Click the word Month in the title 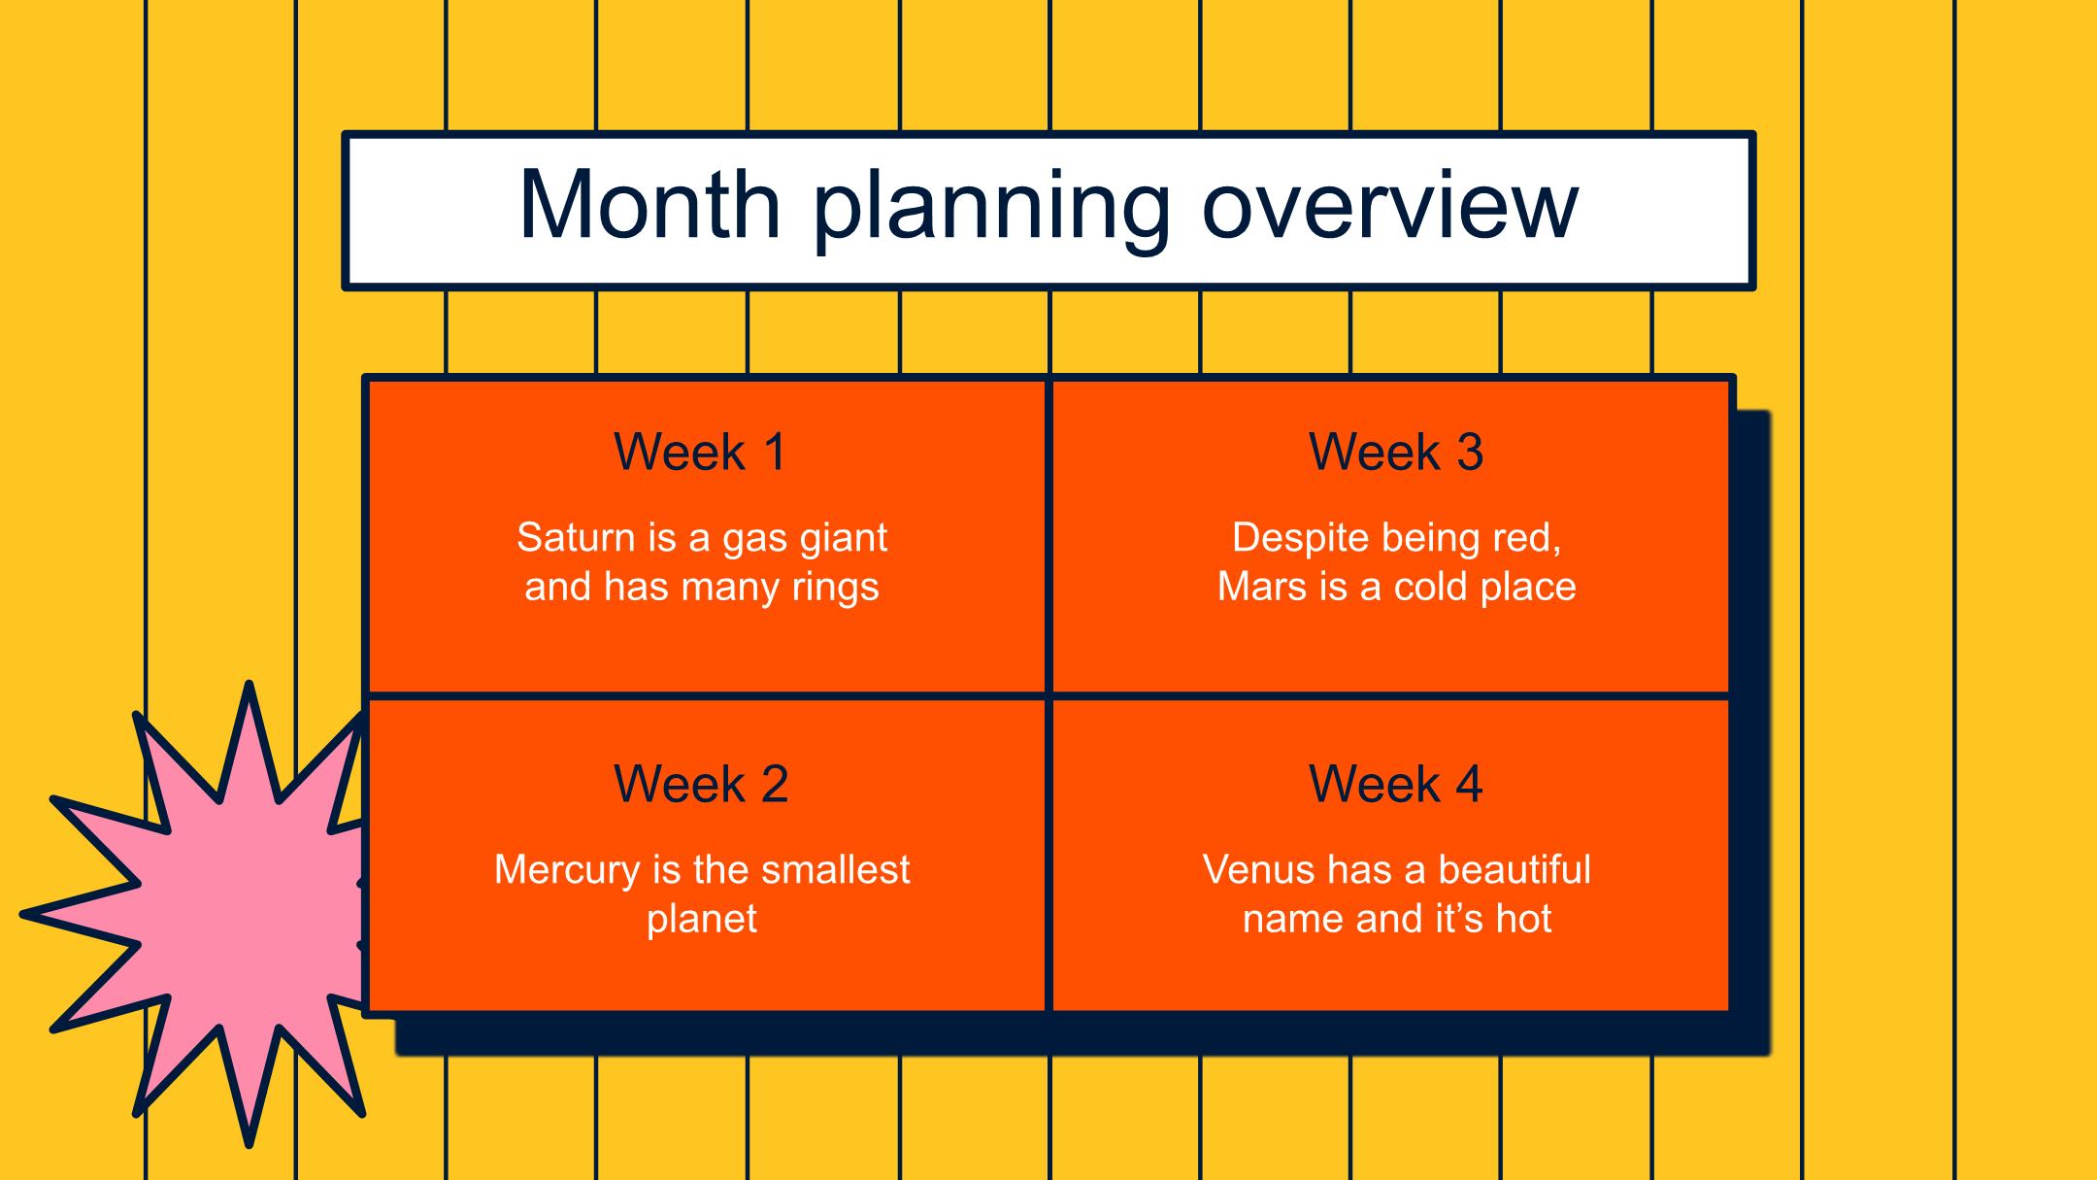point(650,205)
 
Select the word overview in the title point(1390,205)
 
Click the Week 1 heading point(700,452)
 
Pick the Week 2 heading point(701,784)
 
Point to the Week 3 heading point(1396,452)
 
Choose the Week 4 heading point(1396,784)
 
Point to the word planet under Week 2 point(701,920)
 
